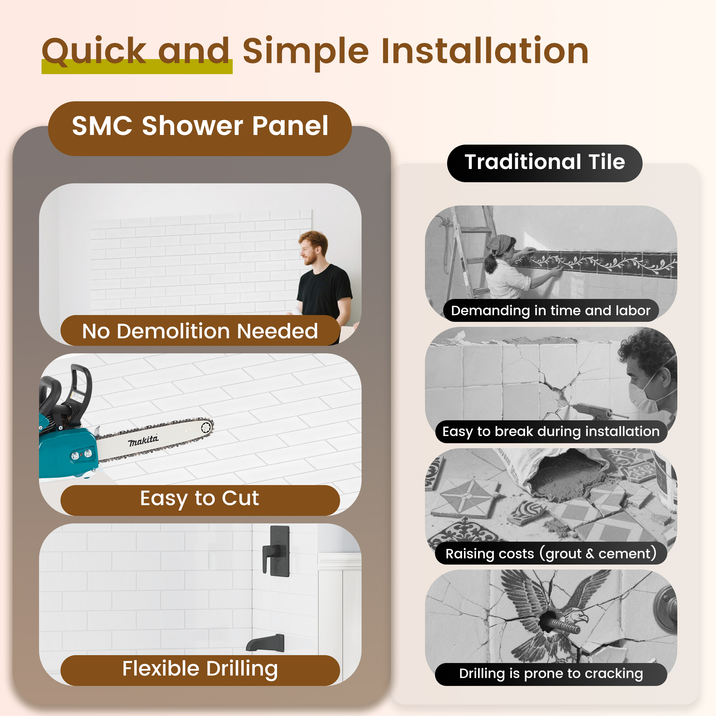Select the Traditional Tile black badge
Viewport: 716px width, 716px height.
point(545,163)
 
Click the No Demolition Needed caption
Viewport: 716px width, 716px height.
point(200,331)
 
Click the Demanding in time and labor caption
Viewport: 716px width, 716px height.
point(551,310)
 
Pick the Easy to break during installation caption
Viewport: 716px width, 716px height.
point(551,432)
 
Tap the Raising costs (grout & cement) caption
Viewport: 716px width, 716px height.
point(551,554)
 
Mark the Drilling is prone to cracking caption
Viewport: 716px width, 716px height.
point(551,674)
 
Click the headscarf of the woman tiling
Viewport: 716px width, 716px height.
point(498,243)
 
